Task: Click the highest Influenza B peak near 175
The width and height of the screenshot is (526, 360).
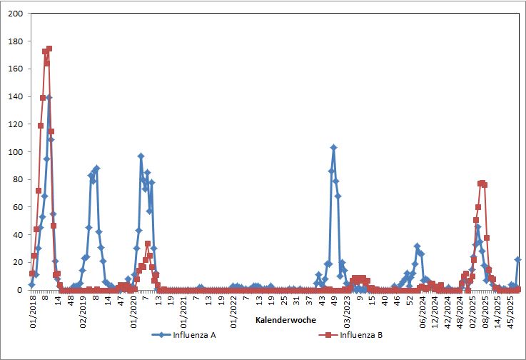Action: pyautogui.click(x=49, y=49)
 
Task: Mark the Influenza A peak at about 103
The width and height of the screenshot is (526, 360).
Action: pyautogui.click(x=333, y=148)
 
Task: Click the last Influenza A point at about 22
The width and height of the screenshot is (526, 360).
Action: pyautogui.click(x=517, y=259)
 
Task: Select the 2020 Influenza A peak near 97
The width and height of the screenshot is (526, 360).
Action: pyautogui.click(x=141, y=156)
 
